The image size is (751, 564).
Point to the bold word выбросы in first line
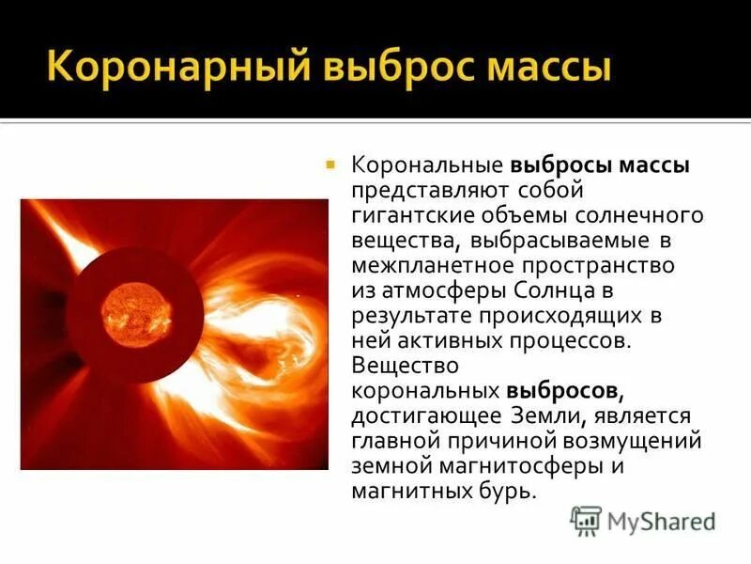[x=559, y=165]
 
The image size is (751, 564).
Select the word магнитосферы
[x=513, y=464]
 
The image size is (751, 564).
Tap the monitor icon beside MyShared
[x=587, y=520]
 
